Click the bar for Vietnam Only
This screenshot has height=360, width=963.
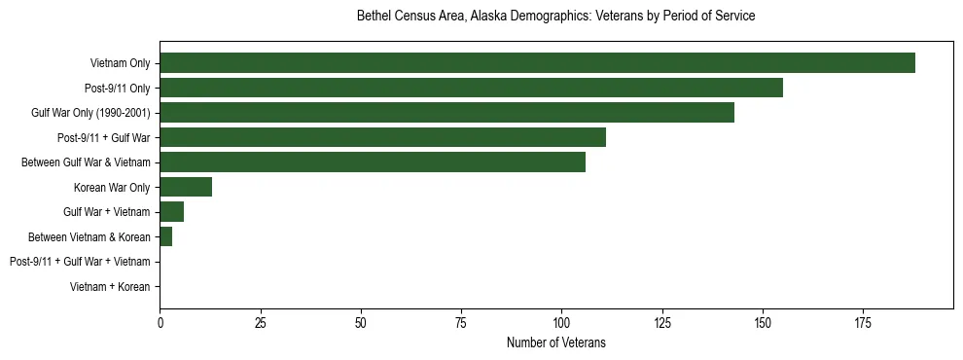tap(537, 63)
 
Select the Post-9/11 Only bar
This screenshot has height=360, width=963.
tap(471, 89)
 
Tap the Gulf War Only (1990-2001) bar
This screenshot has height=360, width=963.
tap(446, 113)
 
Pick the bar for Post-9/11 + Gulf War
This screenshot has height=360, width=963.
tap(382, 137)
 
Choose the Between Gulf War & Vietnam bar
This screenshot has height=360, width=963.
tap(373, 162)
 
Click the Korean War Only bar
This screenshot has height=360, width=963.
tap(186, 187)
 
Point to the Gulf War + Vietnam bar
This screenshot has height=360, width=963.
tap(171, 212)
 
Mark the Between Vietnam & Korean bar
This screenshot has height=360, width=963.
tap(165, 236)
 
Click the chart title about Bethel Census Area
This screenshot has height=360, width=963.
tap(556, 17)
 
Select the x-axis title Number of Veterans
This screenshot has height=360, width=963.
tap(556, 342)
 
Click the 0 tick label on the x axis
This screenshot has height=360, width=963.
tap(160, 321)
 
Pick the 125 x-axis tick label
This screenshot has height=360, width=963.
tap(661, 321)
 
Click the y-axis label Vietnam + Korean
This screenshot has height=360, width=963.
tap(110, 287)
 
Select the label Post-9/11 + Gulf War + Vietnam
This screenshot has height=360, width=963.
tap(80, 262)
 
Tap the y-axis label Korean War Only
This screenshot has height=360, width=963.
tap(112, 188)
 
